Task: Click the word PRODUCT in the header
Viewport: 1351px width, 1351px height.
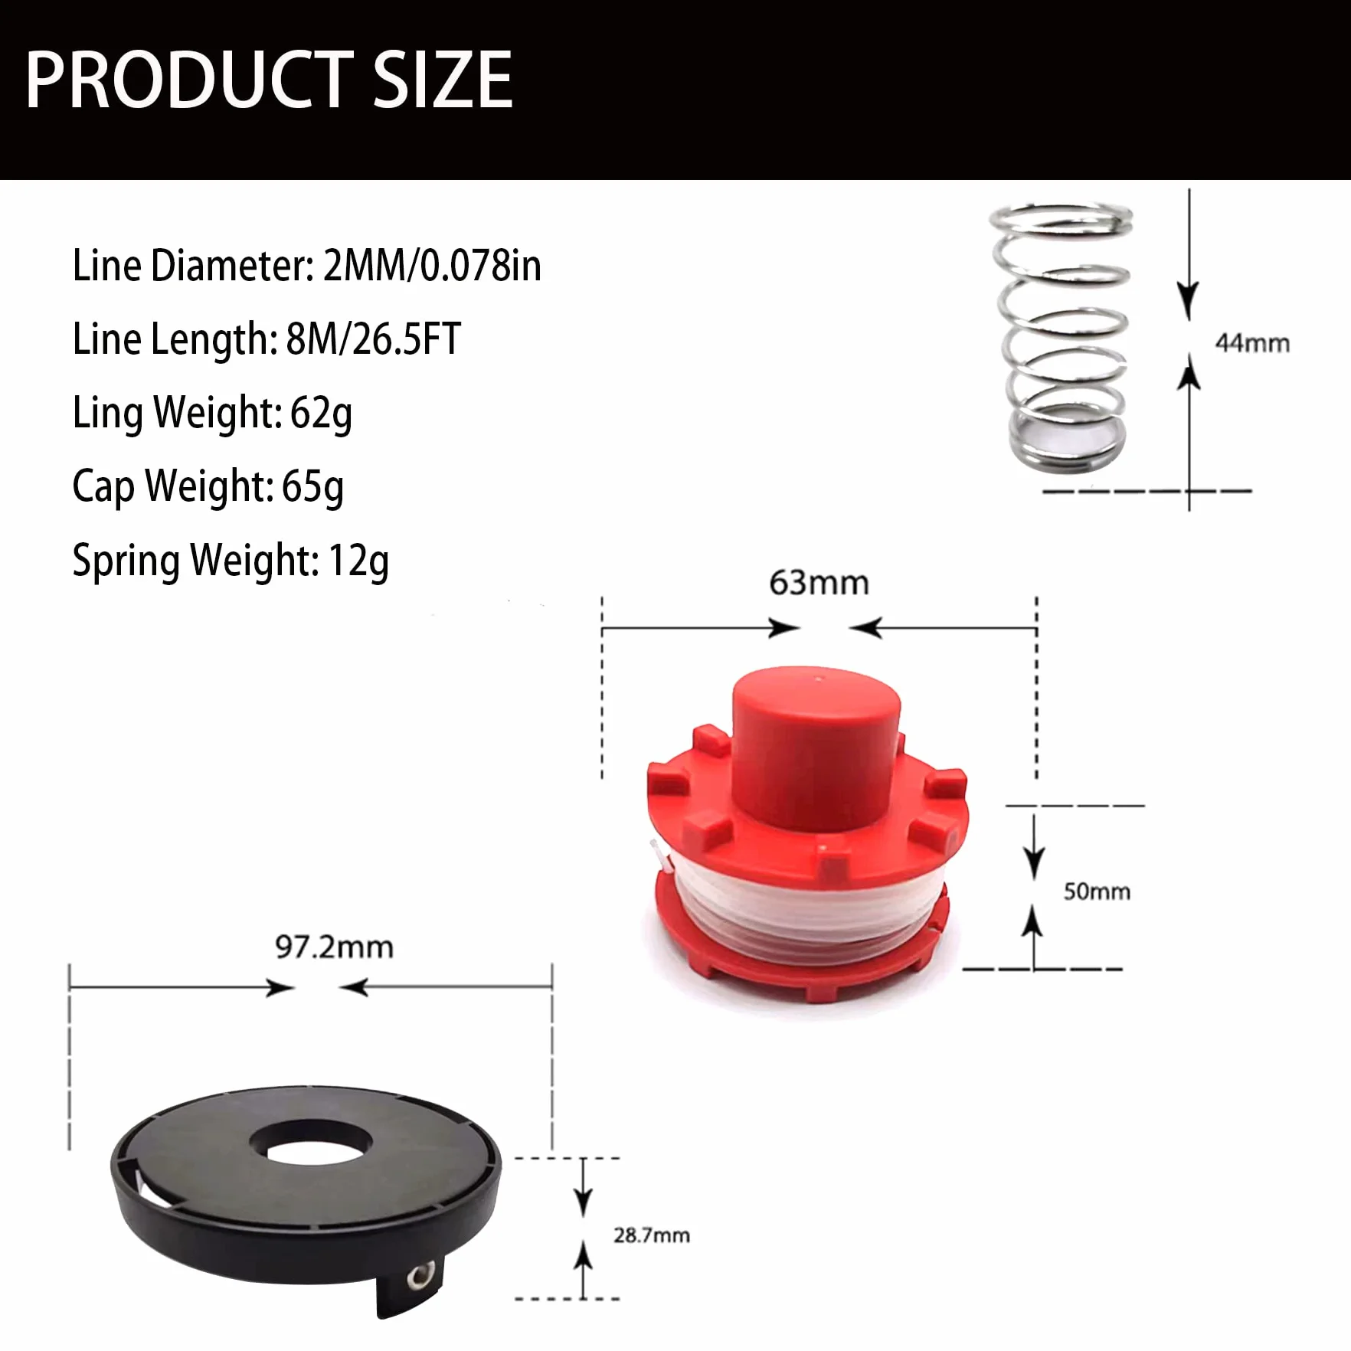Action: [x=190, y=80]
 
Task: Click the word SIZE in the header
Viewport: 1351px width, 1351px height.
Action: [x=443, y=80]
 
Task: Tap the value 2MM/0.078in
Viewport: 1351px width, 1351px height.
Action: [x=433, y=266]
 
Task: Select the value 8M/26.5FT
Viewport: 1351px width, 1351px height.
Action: [x=374, y=339]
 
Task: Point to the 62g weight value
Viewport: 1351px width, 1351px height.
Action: [x=322, y=414]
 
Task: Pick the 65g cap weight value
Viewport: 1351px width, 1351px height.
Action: [x=313, y=487]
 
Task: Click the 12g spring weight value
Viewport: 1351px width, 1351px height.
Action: [x=358, y=561]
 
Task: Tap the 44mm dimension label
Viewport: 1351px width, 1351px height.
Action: [x=1252, y=343]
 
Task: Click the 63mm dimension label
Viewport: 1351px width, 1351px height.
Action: [x=819, y=583]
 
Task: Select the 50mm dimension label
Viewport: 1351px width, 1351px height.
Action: [x=1097, y=891]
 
